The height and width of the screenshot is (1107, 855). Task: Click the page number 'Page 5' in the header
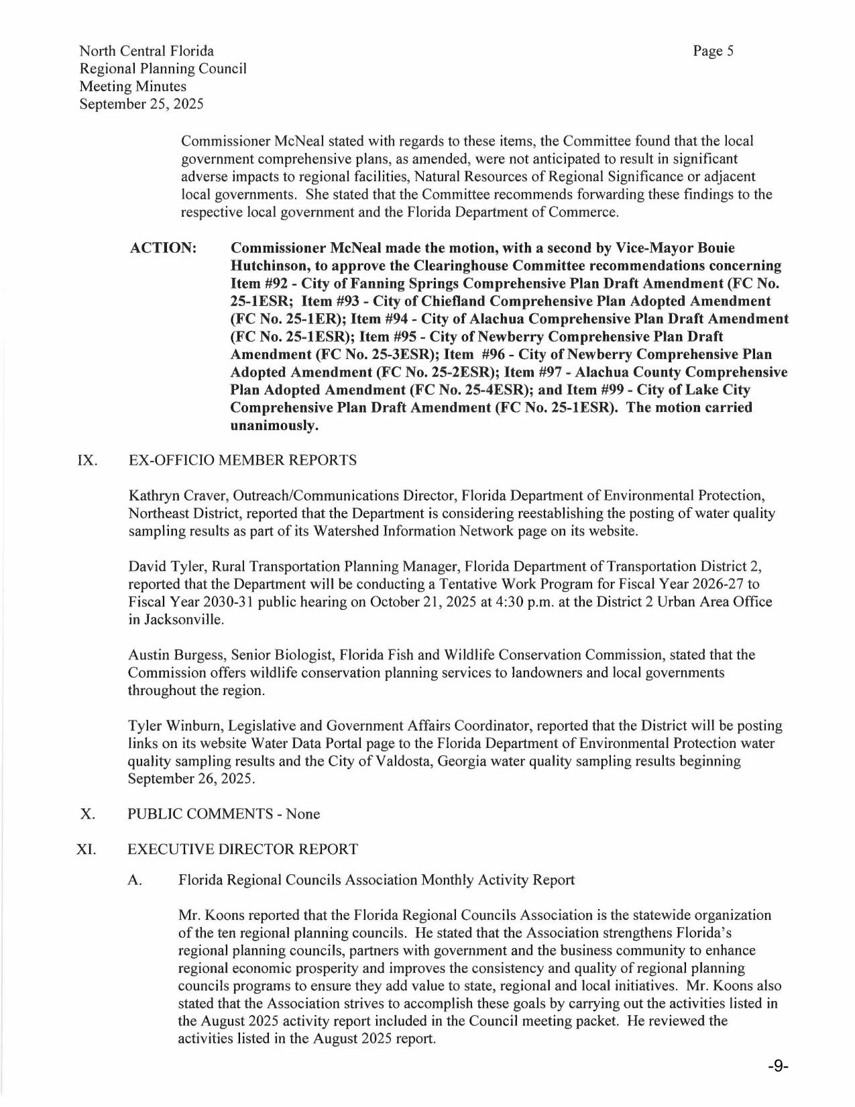pyautogui.click(x=714, y=51)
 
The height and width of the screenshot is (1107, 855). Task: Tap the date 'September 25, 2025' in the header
pyautogui.click(x=141, y=104)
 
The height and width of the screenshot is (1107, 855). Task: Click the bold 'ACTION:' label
pyautogui.click(x=163, y=248)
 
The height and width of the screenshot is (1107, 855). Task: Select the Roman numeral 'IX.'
pyautogui.click(x=89, y=460)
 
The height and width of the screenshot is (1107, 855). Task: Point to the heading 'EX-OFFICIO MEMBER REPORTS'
pyautogui.click(x=242, y=460)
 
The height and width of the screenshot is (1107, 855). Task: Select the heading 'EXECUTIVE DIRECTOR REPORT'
pyautogui.click(x=243, y=849)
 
